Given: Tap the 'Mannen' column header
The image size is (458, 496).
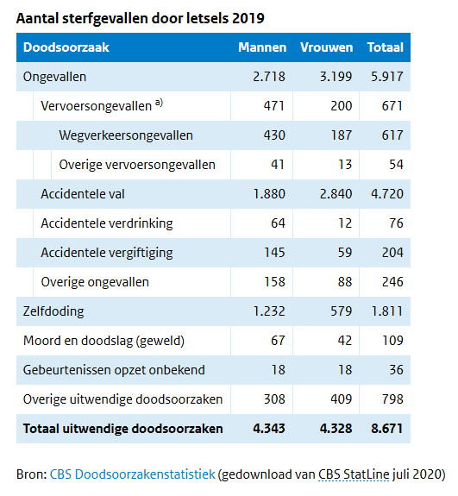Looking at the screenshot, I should point(261,47).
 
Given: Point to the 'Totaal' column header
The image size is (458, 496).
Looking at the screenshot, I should point(385,47).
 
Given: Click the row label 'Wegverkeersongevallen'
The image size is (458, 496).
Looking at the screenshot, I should point(126,135).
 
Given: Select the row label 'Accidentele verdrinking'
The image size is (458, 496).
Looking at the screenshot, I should point(107,223).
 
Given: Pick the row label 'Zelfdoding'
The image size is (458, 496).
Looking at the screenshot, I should point(53,311).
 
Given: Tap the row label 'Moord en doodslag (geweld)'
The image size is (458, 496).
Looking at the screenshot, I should point(104,341).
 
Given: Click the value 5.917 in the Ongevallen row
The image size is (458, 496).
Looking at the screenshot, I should point(386,77).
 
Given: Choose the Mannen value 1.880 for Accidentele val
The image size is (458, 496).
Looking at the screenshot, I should point(269,194).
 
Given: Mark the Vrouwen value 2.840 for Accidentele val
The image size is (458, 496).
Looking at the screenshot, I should point(331,194).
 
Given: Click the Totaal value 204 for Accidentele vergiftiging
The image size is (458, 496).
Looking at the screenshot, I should point(392,253).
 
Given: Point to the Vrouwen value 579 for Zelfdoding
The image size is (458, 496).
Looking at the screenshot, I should point(340,311).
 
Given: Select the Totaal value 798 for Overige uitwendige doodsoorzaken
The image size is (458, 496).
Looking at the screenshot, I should point(392,399).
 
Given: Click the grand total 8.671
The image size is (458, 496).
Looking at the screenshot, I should point(386,429).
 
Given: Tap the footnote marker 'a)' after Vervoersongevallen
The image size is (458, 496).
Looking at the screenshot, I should point(159,104).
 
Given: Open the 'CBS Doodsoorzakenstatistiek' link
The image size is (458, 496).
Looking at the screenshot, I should point(132,474).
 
